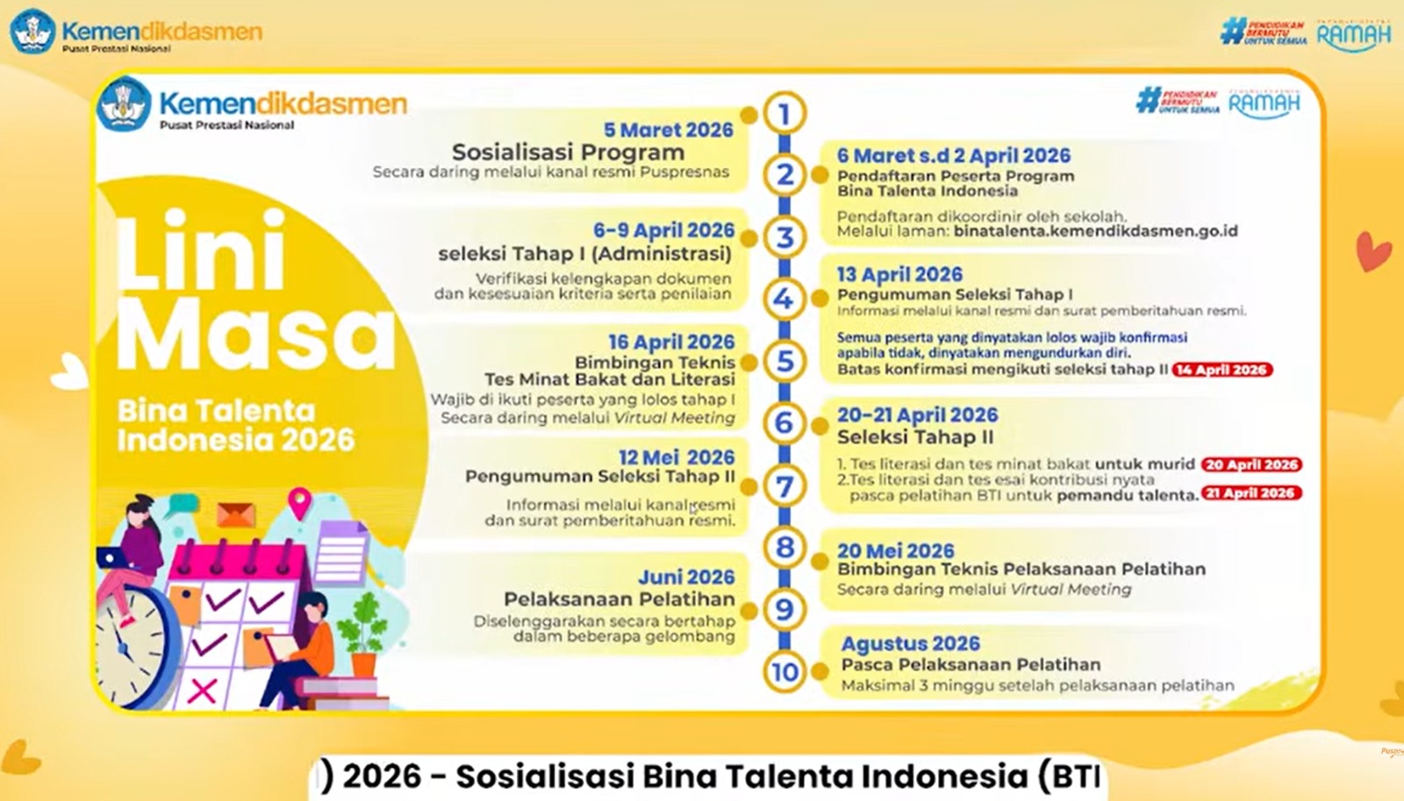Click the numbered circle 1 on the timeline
[x=784, y=113]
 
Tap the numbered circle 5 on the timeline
[x=784, y=361]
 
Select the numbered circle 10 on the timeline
[x=784, y=672]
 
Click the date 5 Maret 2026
[x=668, y=130]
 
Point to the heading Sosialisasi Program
[x=568, y=152]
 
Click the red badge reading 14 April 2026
[x=1221, y=370]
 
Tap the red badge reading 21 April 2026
[x=1250, y=494]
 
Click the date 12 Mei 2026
[x=676, y=458]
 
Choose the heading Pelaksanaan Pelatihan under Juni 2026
[x=619, y=599]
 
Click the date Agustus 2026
[x=910, y=644]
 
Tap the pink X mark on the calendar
[x=203, y=689]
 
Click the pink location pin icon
[x=300, y=502]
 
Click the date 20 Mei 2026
[x=895, y=551]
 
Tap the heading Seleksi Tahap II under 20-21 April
[x=915, y=437]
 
